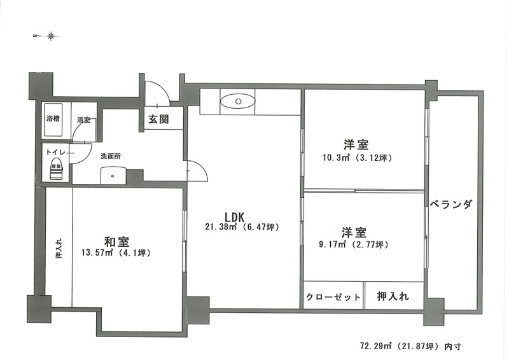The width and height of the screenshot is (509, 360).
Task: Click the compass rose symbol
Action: tap(51, 36)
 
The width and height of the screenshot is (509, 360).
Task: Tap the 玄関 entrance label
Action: tap(158, 119)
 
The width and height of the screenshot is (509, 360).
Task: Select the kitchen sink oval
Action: tap(238, 101)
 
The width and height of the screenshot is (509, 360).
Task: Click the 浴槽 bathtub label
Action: tap(53, 118)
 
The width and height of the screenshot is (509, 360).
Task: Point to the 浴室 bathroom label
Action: tap(84, 120)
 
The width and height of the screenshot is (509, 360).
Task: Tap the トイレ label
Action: tap(57, 152)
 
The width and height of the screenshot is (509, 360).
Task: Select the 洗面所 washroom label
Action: tap(111, 156)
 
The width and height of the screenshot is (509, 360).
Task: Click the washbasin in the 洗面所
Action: tap(113, 176)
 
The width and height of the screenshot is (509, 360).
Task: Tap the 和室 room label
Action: tap(116, 242)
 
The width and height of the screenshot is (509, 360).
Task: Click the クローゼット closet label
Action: tap(333, 296)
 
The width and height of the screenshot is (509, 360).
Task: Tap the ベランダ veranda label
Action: tap(451, 204)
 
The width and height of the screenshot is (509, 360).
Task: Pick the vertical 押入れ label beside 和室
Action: tap(59, 249)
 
